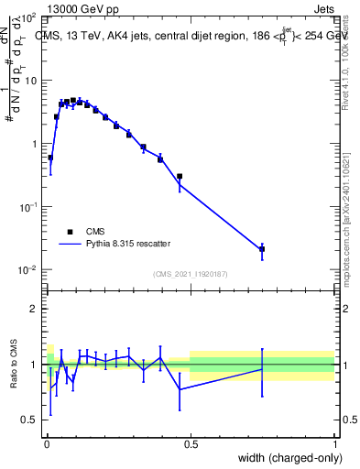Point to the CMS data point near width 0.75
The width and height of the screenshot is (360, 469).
pyautogui.click(x=262, y=249)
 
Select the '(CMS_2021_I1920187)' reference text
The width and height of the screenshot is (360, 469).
pyautogui.click(x=190, y=274)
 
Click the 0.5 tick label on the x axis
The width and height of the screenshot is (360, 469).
pyautogui.click(x=191, y=444)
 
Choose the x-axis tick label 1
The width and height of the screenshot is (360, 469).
pyautogui.click(x=334, y=444)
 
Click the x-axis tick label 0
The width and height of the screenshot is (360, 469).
pyautogui.click(x=47, y=444)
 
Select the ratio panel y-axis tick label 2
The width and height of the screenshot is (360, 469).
pyautogui.click(x=35, y=309)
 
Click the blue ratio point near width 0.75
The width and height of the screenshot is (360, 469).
pyautogui.click(x=262, y=369)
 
